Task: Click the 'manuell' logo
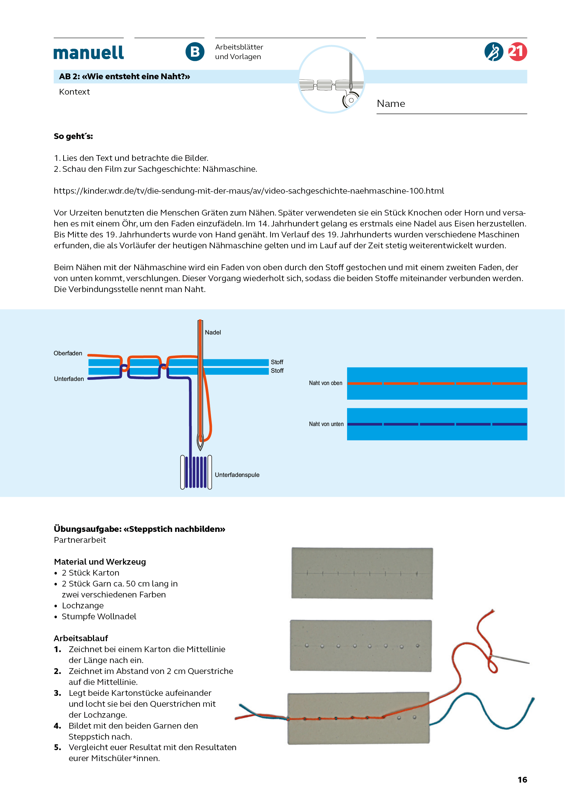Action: click(88, 53)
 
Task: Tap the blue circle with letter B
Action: click(195, 52)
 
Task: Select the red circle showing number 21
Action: click(517, 52)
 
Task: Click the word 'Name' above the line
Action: click(391, 104)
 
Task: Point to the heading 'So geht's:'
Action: click(73, 136)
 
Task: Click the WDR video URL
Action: click(249, 191)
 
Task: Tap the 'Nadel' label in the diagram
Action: click(212, 332)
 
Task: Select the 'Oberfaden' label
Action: click(68, 353)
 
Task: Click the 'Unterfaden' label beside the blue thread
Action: click(69, 379)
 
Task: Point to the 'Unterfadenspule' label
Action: click(237, 475)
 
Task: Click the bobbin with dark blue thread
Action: click(196, 472)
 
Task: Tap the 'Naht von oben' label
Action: click(325, 383)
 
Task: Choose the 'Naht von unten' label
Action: click(326, 424)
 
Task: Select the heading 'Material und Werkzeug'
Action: click(100, 562)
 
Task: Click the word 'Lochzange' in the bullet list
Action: click(83, 606)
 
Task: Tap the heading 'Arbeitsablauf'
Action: click(81, 638)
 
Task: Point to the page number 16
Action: click(522, 780)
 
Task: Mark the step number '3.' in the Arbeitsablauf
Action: click(57, 693)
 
